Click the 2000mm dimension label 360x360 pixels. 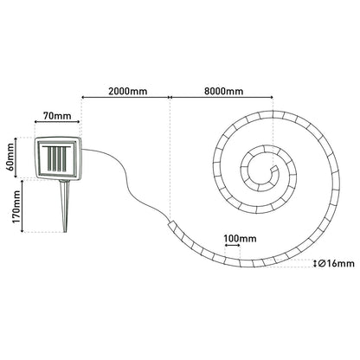click(x=128, y=91)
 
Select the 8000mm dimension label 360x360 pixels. click(x=224, y=91)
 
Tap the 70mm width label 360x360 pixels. click(x=57, y=116)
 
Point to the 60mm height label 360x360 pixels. click(x=10, y=157)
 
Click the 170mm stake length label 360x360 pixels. click(x=16, y=206)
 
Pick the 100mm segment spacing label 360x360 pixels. click(x=240, y=239)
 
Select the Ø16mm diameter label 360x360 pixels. click(x=337, y=263)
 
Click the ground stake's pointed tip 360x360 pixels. click(x=65, y=232)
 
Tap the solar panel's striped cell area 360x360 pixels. click(x=56, y=158)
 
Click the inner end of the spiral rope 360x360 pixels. click(x=275, y=168)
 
